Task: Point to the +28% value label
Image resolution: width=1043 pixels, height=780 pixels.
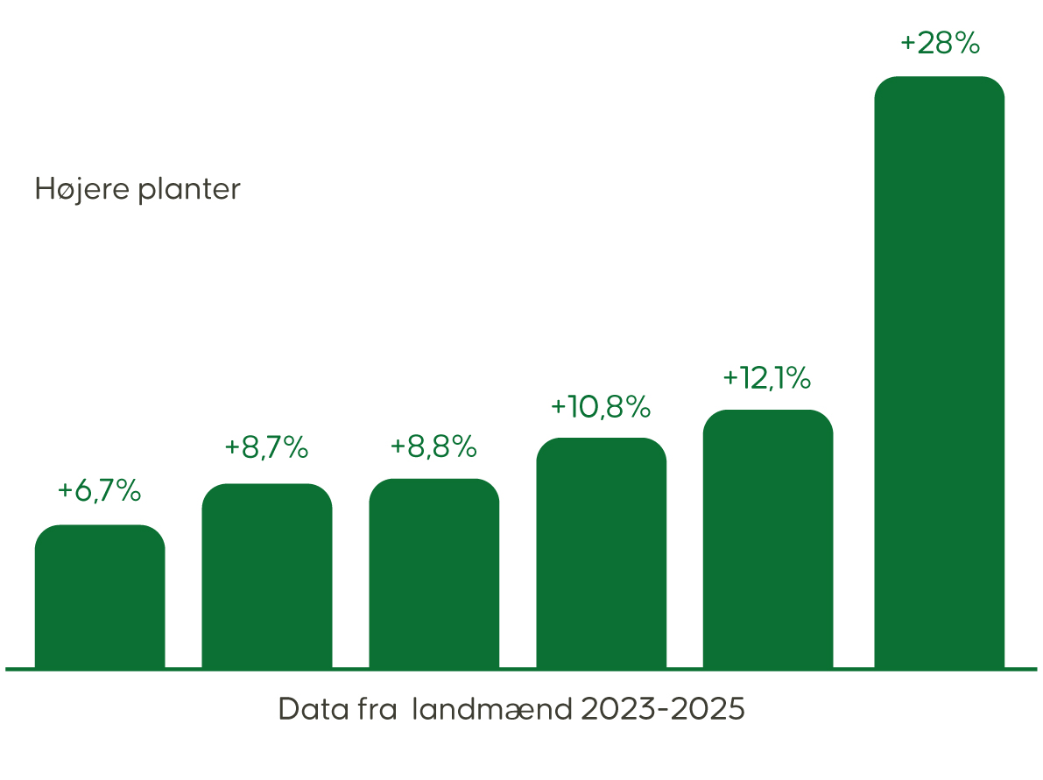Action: coord(939,44)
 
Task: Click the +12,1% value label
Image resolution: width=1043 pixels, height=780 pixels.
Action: coord(767,378)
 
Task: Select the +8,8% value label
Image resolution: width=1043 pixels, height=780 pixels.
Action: coord(433,447)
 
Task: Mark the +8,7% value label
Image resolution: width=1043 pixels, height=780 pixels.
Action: coord(266,447)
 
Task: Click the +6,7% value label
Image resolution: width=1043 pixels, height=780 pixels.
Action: coord(99,491)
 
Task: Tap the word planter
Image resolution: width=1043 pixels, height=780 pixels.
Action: coord(189,192)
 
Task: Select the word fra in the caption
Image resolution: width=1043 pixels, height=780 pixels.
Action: coord(378,709)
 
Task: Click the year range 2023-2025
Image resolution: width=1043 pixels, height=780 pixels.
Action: coord(663,709)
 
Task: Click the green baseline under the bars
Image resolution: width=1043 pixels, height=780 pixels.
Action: coord(521,670)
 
